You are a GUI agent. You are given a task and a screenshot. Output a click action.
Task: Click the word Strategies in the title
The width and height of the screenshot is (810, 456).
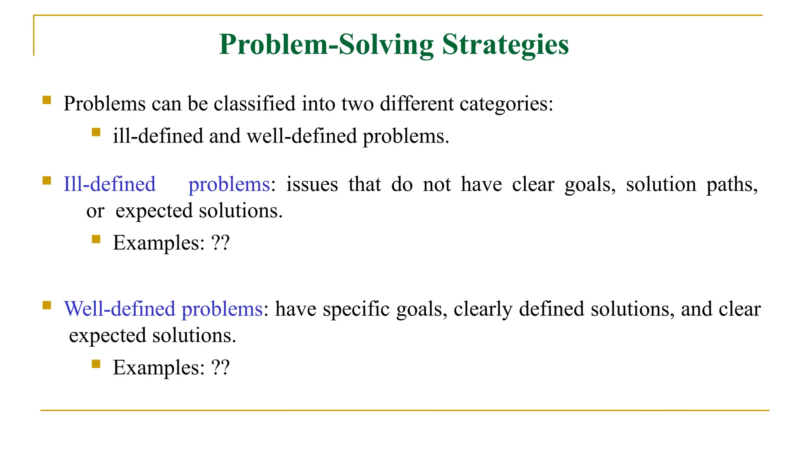pyautogui.click(x=505, y=44)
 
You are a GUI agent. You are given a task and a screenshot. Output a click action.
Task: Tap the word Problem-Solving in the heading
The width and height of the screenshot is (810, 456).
pyautogui.click(x=326, y=44)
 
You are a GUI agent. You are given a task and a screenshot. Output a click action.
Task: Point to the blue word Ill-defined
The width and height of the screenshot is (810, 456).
pyautogui.click(x=110, y=184)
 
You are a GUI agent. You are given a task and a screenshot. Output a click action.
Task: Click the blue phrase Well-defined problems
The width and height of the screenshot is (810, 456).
pyautogui.click(x=163, y=309)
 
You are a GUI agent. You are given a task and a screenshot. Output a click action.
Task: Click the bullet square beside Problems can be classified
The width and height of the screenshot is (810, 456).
pyautogui.click(x=47, y=100)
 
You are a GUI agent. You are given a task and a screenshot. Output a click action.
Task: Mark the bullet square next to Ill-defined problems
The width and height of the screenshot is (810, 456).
pyautogui.click(x=47, y=181)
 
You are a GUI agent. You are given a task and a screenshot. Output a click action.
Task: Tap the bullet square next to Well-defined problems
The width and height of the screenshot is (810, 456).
pyautogui.click(x=47, y=305)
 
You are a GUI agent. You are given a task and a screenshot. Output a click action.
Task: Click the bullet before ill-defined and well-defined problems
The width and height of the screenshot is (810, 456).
pyautogui.click(x=96, y=132)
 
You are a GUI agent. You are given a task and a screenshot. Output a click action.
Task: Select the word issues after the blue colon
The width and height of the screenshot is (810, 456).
pyautogui.click(x=312, y=184)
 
